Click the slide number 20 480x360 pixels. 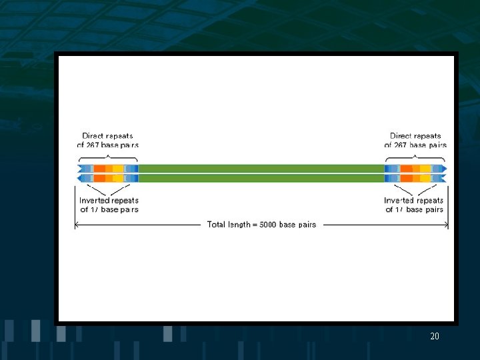[x=435, y=337]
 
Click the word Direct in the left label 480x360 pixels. [x=93, y=136]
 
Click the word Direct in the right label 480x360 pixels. [x=401, y=136]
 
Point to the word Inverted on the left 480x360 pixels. [x=94, y=200]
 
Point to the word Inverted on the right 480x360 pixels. [x=399, y=200]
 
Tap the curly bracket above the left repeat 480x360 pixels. [x=108, y=156]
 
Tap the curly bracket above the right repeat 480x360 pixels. [x=415, y=156]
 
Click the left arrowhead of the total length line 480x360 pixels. [x=76, y=225]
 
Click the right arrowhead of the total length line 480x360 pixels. [x=447, y=225]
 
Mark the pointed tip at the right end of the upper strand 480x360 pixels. [x=445, y=169]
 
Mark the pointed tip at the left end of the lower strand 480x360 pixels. [x=79, y=179]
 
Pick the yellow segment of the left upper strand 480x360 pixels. [x=118, y=169]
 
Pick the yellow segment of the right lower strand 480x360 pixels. [x=425, y=179]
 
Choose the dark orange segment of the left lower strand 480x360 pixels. [x=99, y=179]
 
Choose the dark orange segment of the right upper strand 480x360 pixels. [x=406, y=169]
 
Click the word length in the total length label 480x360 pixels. [x=243, y=225]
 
